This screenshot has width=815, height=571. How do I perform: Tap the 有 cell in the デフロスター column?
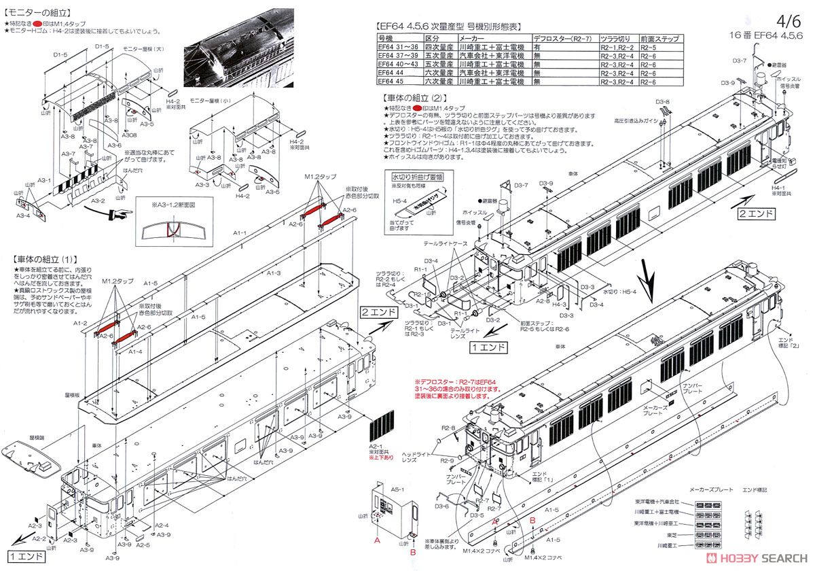(x=537, y=48)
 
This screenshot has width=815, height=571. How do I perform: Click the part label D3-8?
(x=663, y=103)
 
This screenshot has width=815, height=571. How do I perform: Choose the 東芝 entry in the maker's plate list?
(x=686, y=535)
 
